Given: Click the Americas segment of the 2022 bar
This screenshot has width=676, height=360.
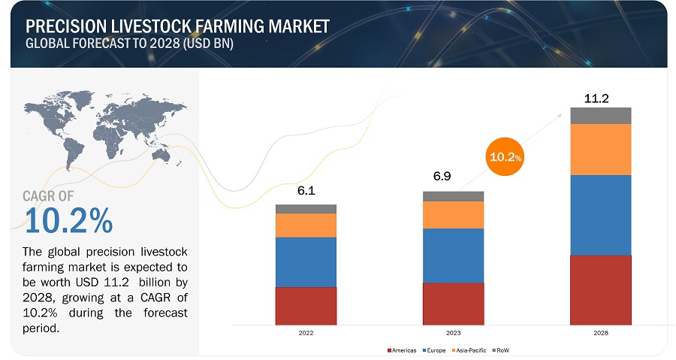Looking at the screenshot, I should [x=306, y=306].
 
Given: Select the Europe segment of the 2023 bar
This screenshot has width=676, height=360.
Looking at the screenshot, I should [x=453, y=256].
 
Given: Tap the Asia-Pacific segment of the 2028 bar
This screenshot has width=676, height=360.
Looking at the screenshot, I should [x=600, y=150].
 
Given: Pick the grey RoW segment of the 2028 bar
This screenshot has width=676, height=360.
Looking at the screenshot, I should [x=600, y=116].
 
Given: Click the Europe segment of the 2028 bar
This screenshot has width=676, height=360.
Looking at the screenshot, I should [x=600, y=215].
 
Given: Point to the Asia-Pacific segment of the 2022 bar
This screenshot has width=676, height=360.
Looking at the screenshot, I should [x=306, y=225].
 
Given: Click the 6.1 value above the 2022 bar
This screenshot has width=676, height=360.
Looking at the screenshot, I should [x=306, y=191].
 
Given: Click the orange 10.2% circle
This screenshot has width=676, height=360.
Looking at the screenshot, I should [x=505, y=157].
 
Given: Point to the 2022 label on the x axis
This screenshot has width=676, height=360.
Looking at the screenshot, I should [x=306, y=331].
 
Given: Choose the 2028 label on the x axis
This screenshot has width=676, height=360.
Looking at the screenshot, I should [x=600, y=331].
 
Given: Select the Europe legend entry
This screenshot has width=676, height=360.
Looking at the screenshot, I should [x=436, y=350].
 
